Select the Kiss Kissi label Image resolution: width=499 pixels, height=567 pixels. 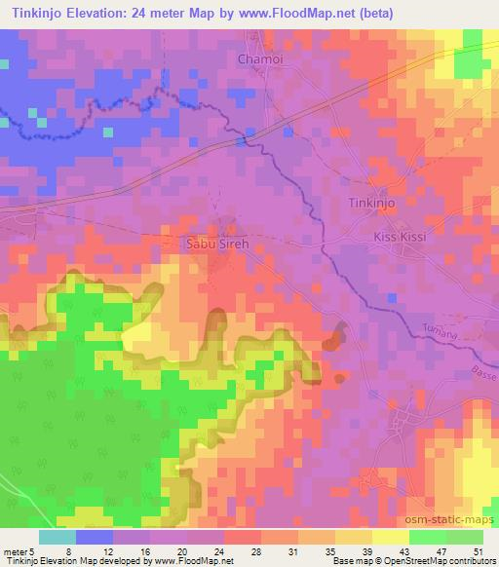[401, 237]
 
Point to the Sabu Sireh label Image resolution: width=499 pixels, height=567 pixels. [218, 246]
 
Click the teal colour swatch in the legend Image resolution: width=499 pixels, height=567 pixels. [57, 537]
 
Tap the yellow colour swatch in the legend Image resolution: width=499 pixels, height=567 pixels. [390, 537]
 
